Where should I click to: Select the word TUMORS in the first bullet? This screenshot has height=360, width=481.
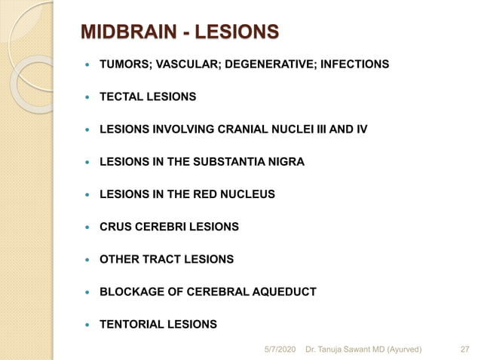[124, 65]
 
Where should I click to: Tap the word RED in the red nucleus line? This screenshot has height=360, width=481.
[203, 194]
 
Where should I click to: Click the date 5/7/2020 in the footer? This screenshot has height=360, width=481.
[280, 349]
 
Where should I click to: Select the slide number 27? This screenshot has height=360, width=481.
[464, 349]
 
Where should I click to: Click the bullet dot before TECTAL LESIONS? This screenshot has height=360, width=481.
[89, 97]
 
